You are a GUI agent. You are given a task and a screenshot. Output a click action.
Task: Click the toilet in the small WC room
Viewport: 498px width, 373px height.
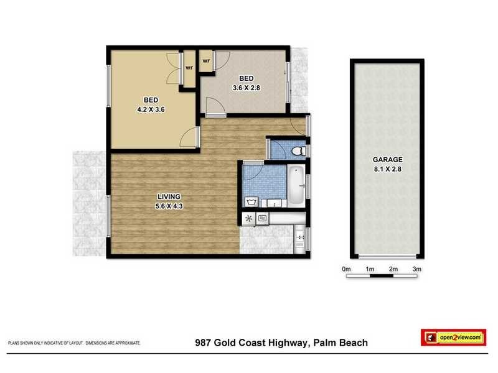click(x=298, y=150)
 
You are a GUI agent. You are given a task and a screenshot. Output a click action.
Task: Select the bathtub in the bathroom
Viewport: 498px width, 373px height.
click(x=296, y=185)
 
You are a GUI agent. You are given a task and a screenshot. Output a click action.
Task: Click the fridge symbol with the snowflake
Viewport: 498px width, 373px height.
click(x=249, y=218)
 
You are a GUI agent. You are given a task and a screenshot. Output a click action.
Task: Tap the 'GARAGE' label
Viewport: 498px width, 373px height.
click(x=387, y=159)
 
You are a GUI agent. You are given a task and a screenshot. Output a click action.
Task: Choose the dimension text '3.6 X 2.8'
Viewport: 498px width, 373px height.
click(x=247, y=88)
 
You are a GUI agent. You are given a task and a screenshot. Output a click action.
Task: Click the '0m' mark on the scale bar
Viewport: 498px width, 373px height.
click(x=347, y=268)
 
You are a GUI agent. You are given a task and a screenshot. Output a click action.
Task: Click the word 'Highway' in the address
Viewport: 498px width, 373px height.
click(x=285, y=343)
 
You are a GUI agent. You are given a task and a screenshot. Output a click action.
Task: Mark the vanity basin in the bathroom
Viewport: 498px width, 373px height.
click(x=272, y=203)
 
